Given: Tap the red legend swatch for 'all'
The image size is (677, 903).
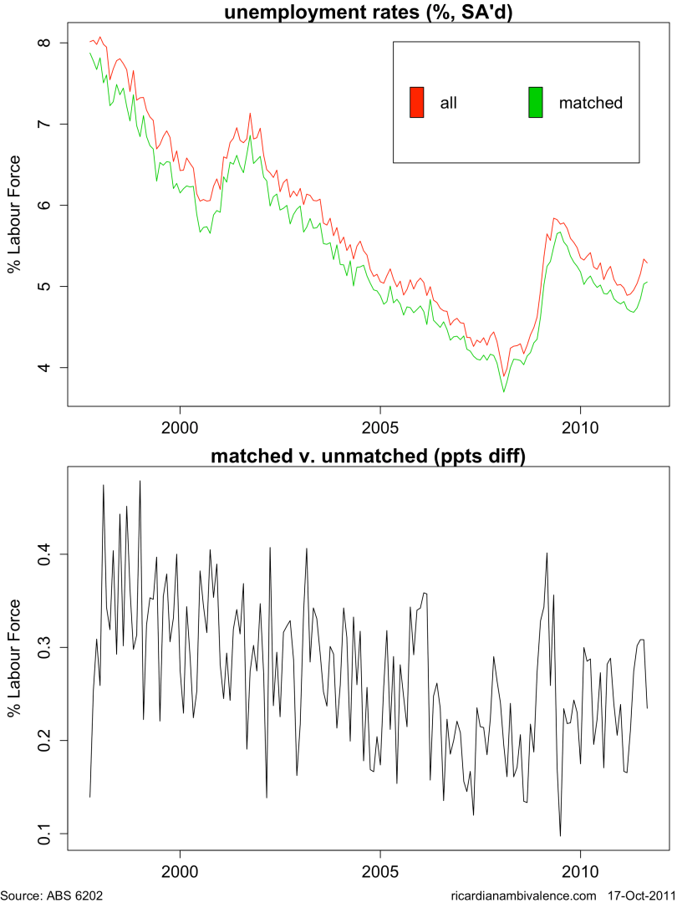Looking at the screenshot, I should coord(416,102).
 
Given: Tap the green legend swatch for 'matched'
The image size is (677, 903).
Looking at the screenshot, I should coord(536,102).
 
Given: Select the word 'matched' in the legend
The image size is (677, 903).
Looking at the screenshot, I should coord(591,103).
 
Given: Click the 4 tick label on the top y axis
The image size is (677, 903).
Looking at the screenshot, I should coord(43,367).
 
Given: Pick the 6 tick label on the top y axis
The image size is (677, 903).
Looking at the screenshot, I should coord(43,205).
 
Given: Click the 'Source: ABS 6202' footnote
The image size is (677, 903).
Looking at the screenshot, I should coord(52,895).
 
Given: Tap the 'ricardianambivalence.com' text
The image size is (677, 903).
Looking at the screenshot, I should coord(523,895).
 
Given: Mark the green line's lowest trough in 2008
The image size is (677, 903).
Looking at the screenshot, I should coord(504,391).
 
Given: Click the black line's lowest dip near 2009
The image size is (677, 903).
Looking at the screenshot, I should coord(561,835).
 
